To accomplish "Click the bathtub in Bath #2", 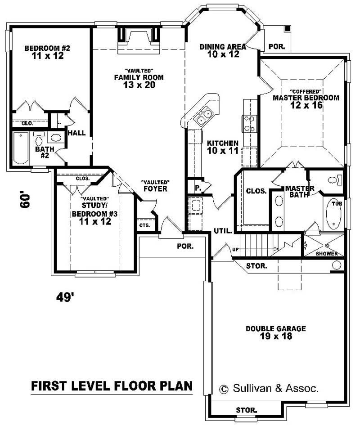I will point(21,148).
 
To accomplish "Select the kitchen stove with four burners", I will point(249,123).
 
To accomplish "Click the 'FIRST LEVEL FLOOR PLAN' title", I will point(112,386).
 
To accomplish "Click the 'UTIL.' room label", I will point(223,231).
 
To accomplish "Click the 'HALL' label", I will point(77,133).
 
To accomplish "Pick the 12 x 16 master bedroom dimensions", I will point(306,105).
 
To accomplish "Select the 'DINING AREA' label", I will point(223,47).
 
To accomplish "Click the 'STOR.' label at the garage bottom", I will point(247,410).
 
